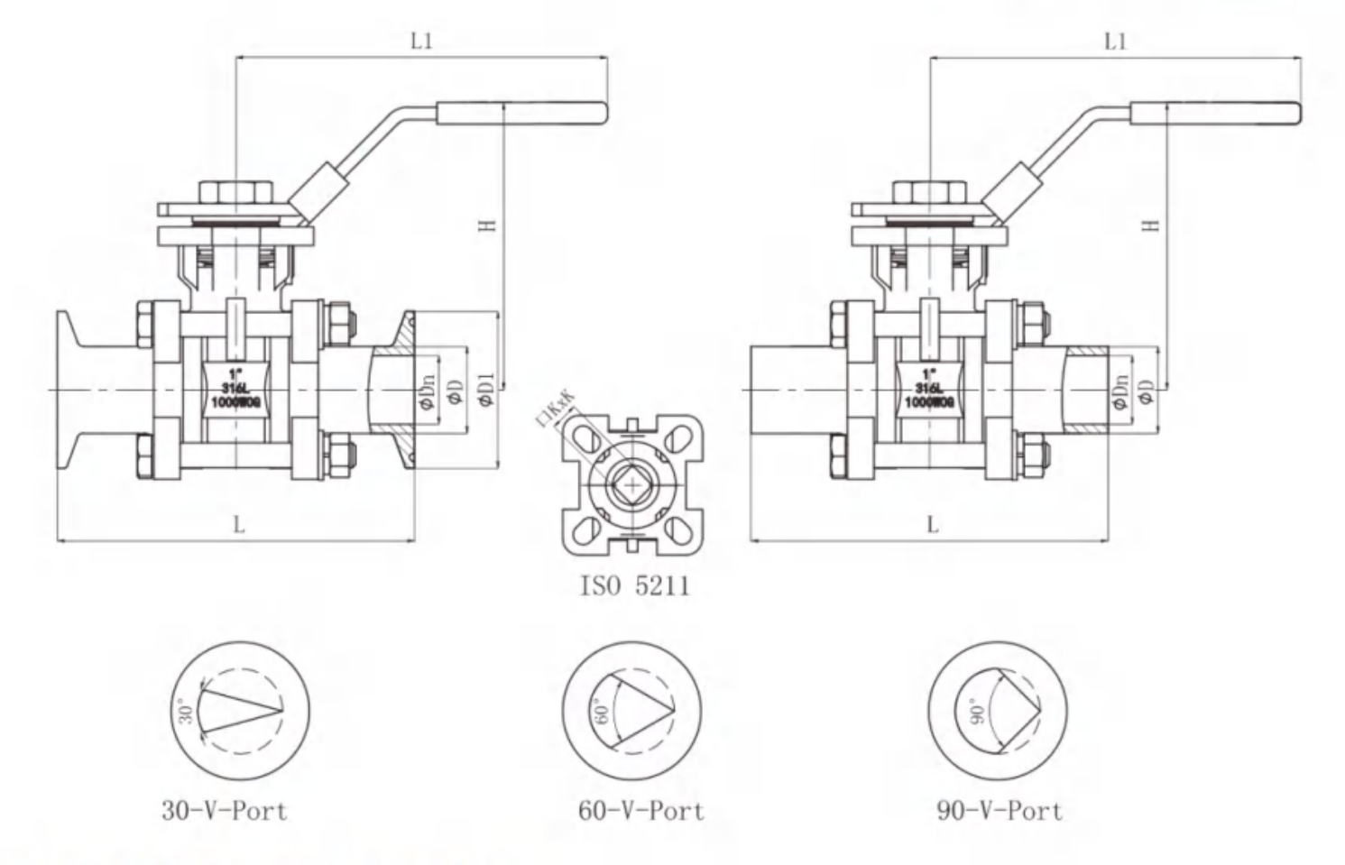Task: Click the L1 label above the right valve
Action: click(x=1117, y=41)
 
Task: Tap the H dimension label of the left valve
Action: click(x=488, y=225)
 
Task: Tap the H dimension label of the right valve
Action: click(x=1150, y=225)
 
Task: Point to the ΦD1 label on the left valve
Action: click(x=487, y=389)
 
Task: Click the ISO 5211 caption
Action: click(x=635, y=586)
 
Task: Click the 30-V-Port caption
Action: click(x=225, y=811)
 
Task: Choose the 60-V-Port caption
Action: click(x=640, y=811)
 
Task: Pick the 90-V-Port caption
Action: click(x=1000, y=811)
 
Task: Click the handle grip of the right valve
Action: click(x=1215, y=114)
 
